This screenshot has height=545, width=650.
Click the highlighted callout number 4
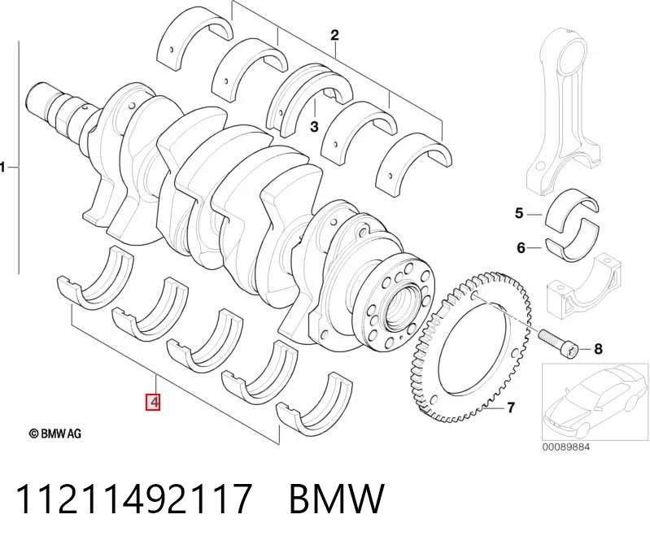(x=153, y=402)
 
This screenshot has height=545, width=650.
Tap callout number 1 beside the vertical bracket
(x=2, y=168)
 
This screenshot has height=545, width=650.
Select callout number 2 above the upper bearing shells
(x=334, y=35)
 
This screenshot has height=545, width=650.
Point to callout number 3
(x=314, y=126)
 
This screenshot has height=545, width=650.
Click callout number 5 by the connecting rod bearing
(x=519, y=213)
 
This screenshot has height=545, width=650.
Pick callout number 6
(x=521, y=248)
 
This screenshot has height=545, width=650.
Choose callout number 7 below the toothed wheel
(x=511, y=408)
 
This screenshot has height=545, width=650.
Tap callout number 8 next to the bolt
(x=598, y=349)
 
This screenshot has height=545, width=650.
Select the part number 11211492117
(x=134, y=499)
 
